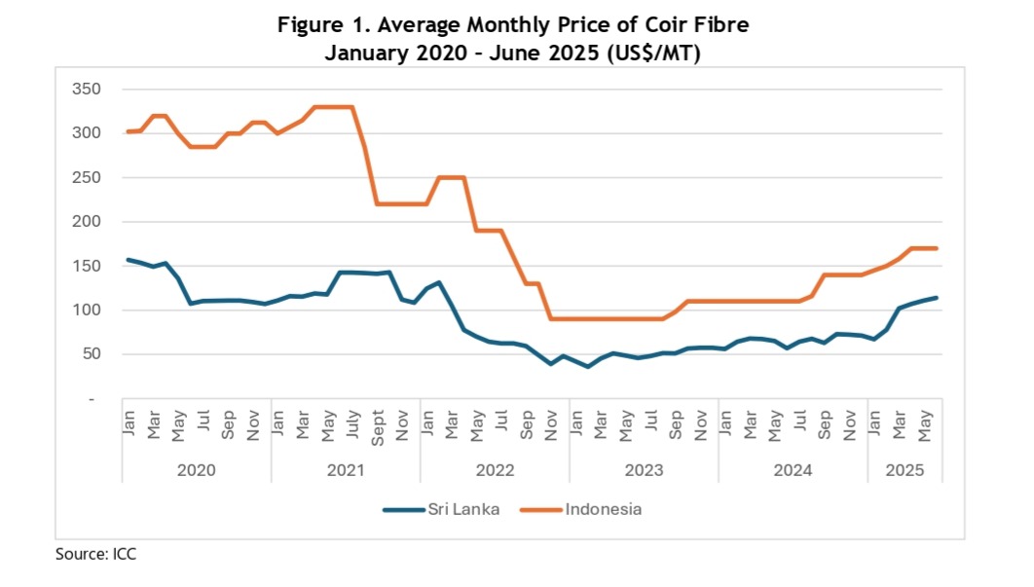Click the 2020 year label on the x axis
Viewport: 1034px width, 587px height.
click(197, 469)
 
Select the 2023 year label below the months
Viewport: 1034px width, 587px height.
click(644, 469)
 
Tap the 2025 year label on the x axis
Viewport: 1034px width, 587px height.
click(905, 469)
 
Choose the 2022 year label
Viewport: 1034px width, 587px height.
click(495, 469)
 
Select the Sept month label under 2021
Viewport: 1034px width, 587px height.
click(378, 422)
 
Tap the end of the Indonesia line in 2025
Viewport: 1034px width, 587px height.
click(937, 248)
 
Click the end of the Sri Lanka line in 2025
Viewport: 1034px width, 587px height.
click(937, 298)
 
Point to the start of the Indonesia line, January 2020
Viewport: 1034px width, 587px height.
click(128, 131)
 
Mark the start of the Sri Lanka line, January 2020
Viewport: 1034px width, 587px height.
click(128, 260)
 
